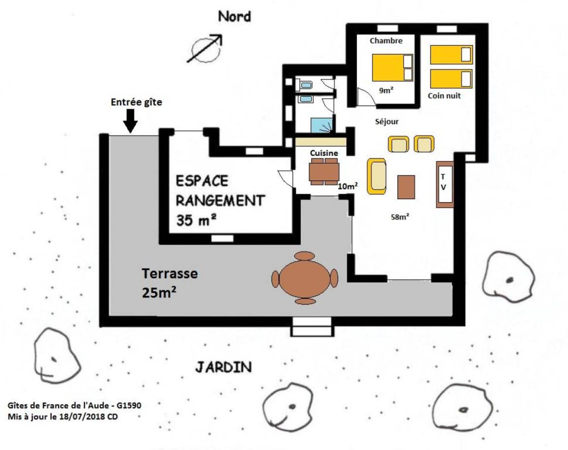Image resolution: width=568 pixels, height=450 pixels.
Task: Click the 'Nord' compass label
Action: pos(234,16)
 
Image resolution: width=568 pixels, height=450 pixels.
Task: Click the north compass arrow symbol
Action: pos(205,48)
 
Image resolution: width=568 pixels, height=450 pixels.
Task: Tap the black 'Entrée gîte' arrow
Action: pos(130,121)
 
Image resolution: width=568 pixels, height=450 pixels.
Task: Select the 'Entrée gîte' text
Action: pos(136,102)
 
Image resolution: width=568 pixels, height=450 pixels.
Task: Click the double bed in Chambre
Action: pos(392,68)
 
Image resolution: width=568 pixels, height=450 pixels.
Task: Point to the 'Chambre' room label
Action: pos(386,40)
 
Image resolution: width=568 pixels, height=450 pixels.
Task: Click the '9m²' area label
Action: pos(386,90)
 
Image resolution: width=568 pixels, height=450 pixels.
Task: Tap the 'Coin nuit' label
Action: pos(444,96)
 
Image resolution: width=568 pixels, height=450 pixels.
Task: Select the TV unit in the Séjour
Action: pos(445,184)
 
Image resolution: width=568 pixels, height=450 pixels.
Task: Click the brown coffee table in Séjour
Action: pos(406,187)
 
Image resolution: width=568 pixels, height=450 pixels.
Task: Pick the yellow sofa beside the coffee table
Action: pos(377,176)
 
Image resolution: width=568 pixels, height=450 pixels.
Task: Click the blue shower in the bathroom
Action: pos(321,125)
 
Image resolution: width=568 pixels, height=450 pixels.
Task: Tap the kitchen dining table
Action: pos(324,172)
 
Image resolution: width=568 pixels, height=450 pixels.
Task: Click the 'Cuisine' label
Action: pos(324,153)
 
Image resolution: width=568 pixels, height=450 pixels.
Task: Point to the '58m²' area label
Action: pos(400,217)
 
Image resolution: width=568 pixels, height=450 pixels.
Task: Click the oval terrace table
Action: pos(305,278)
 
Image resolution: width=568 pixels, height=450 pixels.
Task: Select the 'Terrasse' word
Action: pos(170,274)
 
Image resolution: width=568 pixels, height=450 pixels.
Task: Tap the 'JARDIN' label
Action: pos(223,367)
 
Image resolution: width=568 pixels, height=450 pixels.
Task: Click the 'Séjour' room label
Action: pos(387,122)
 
